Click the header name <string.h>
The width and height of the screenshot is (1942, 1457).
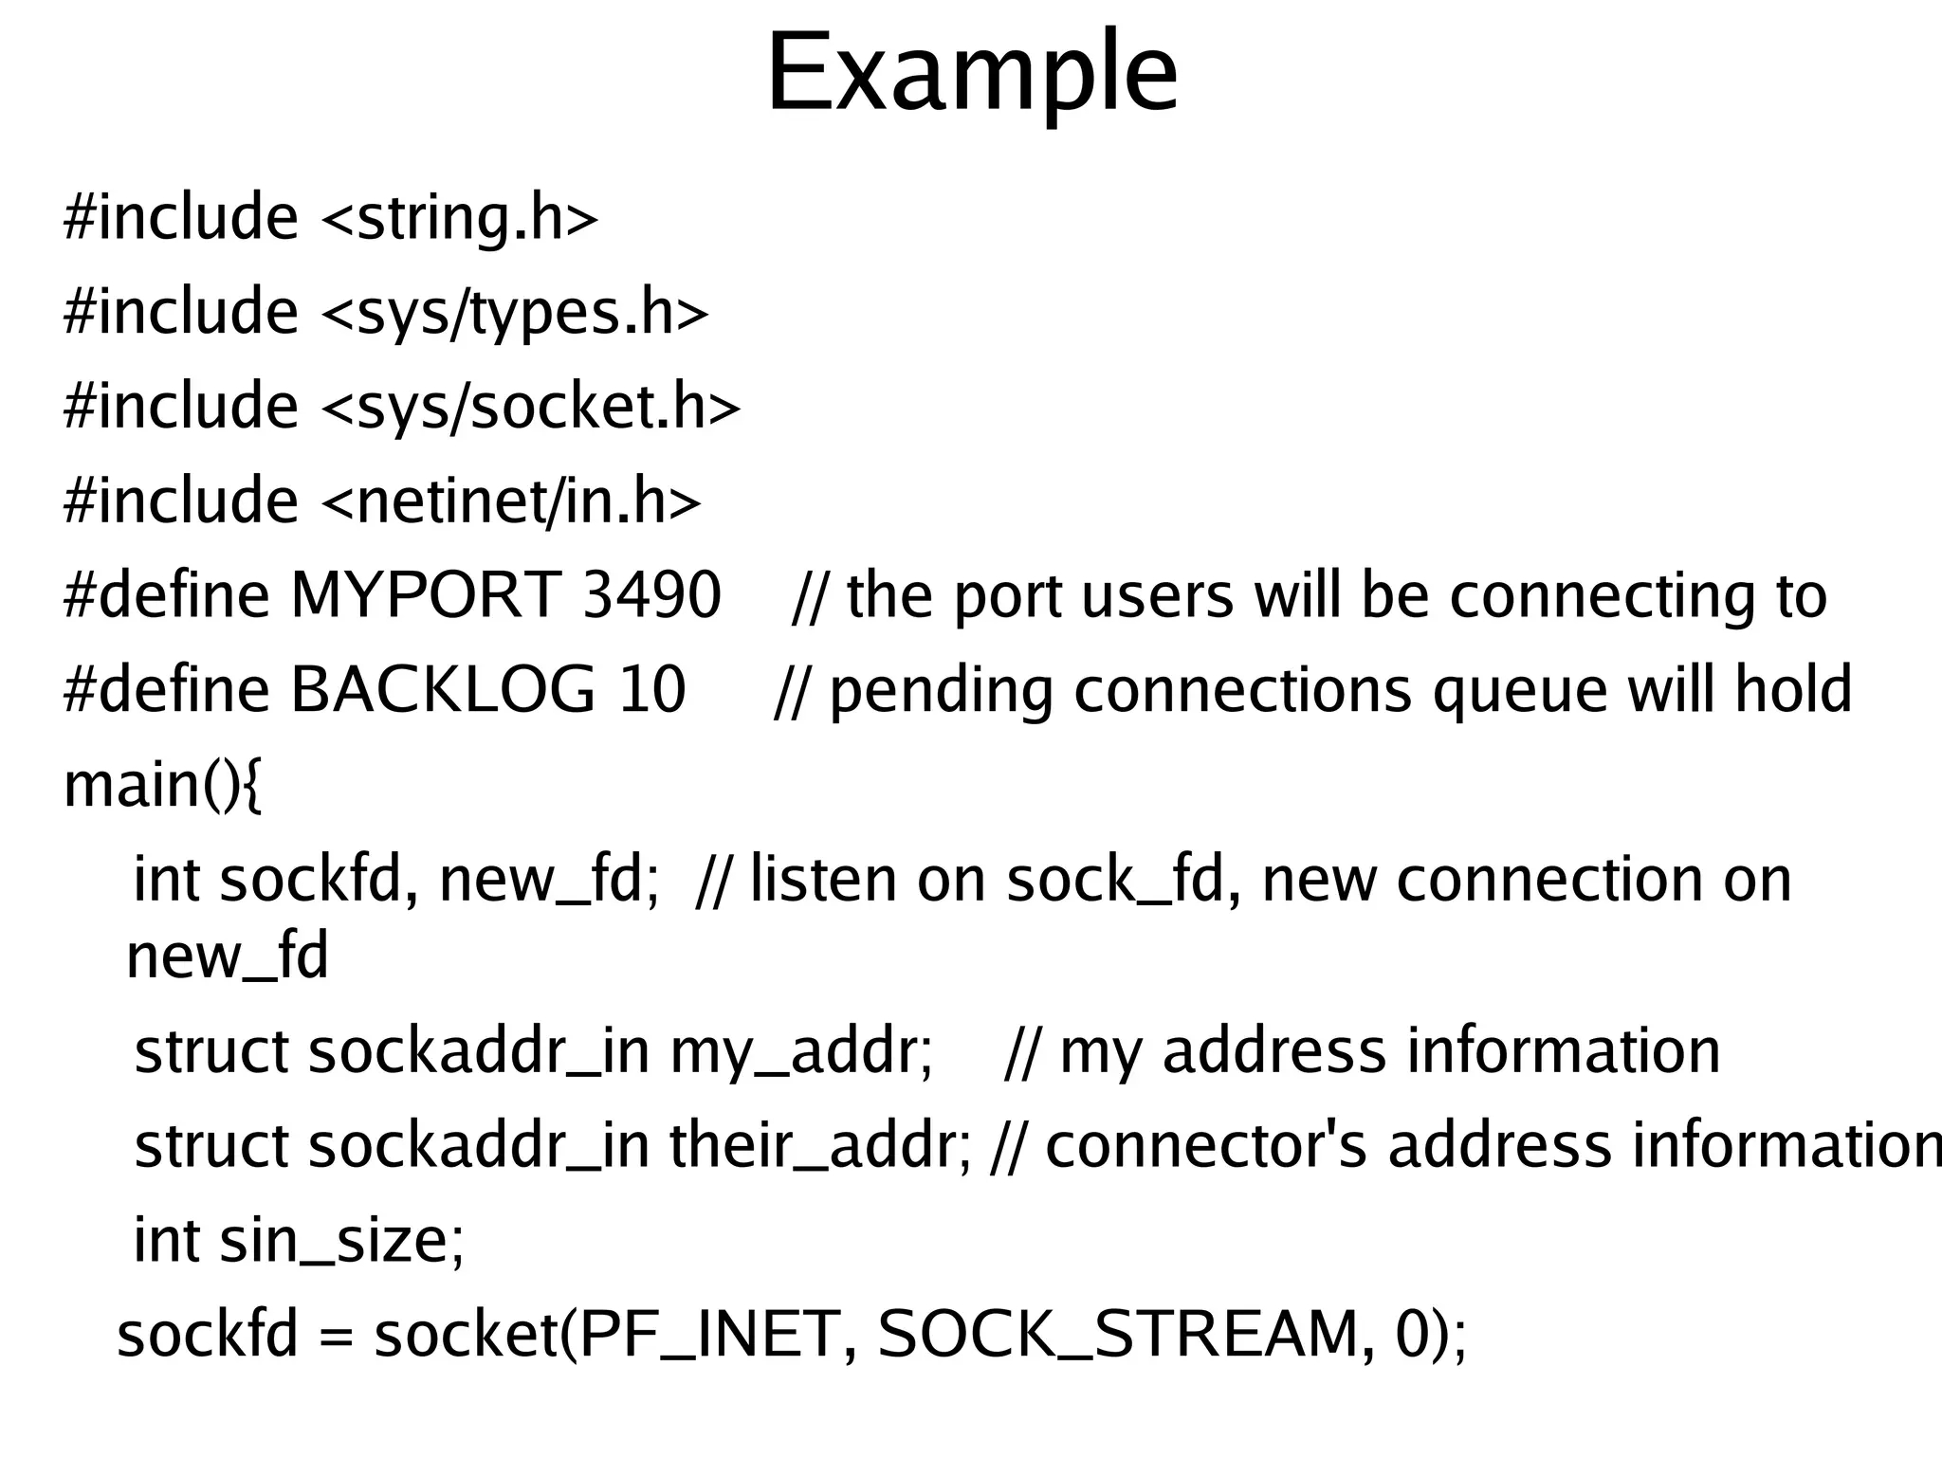(x=460, y=218)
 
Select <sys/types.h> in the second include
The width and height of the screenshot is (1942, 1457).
(x=515, y=313)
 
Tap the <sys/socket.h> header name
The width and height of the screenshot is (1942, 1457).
(x=531, y=407)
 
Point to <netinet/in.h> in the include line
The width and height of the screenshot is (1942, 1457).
(x=512, y=501)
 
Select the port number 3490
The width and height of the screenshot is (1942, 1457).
(x=652, y=596)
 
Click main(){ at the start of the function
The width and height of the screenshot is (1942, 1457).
(x=162, y=786)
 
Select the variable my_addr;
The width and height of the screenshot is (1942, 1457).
(x=802, y=1052)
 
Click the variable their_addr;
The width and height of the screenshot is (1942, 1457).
(x=821, y=1146)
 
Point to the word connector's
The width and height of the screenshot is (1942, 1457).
(x=1205, y=1146)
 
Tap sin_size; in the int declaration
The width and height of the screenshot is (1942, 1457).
(x=342, y=1241)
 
